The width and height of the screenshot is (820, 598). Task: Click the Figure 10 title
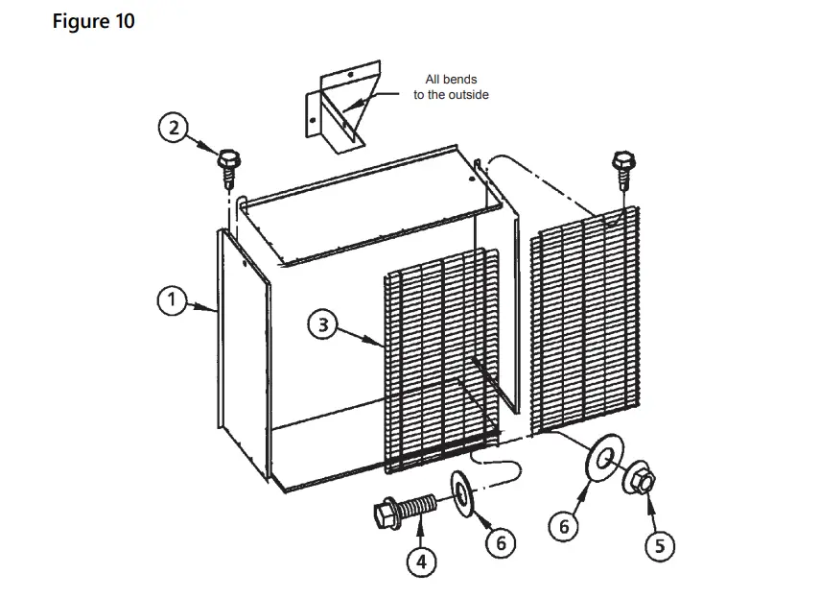pyautogui.click(x=93, y=22)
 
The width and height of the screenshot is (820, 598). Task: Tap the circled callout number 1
pyautogui.click(x=173, y=300)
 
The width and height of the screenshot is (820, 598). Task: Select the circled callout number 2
pyautogui.click(x=174, y=129)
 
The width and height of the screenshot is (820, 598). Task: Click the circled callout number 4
pyautogui.click(x=421, y=561)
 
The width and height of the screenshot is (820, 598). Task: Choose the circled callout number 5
pyautogui.click(x=659, y=545)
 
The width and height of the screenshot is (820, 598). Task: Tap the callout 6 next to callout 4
pyautogui.click(x=500, y=542)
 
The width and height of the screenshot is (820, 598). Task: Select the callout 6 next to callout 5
pyautogui.click(x=565, y=526)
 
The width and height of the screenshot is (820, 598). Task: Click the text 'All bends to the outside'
pyautogui.click(x=451, y=87)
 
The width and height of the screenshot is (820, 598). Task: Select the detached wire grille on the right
pyautogui.click(x=584, y=322)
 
